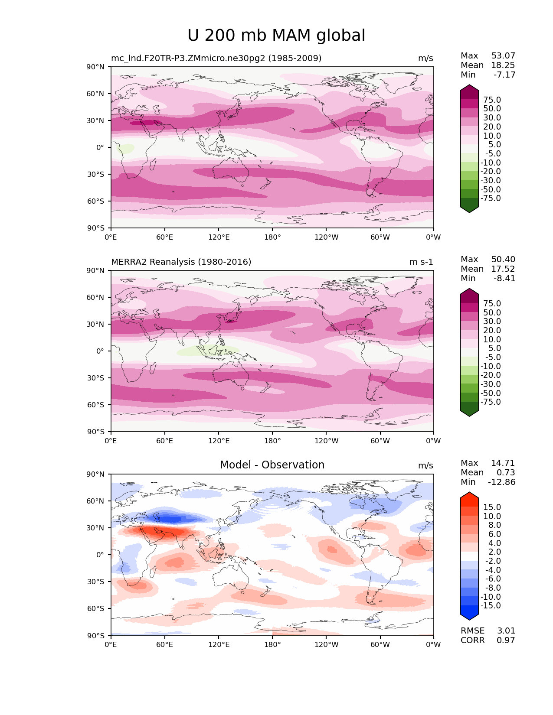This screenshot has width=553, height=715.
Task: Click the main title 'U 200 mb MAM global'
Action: pyautogui.click(x=276, y=36)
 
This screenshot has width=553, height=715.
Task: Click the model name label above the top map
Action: pyautogui.click(x=216, y=58)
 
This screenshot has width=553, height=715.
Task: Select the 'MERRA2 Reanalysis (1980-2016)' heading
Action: pyautogui.click(x=181, y=262)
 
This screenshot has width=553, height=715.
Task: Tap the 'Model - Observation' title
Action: pyautogui.click(x=272, y=465)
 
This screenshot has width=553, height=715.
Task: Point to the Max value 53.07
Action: pyautogui.click(x=503, y=56)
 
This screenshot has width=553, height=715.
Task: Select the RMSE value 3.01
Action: pyautogui.click(x=506, y=631)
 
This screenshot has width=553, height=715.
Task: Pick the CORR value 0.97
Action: pyautogui.click(x=506, y=640)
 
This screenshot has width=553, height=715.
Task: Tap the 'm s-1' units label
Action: pyautogui.click(x=421, y=262)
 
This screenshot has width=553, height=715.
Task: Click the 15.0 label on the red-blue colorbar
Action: pyautogui.click(x=492, y=507)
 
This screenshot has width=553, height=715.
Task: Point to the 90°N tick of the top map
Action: pyautogui.click(x=95, y=67)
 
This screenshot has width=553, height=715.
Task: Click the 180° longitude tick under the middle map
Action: pyautogui.click(x=272, y=441)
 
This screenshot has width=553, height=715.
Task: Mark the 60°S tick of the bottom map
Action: pyautogui.click(x=95, y=609)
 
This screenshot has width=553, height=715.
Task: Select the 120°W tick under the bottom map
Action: pyautogui.click(x=326, y=645)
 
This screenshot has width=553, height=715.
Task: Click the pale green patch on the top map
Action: pyautogui.click(x=126, y=149)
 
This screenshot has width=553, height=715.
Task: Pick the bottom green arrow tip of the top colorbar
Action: pyautogui.click(x=469, y=210)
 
